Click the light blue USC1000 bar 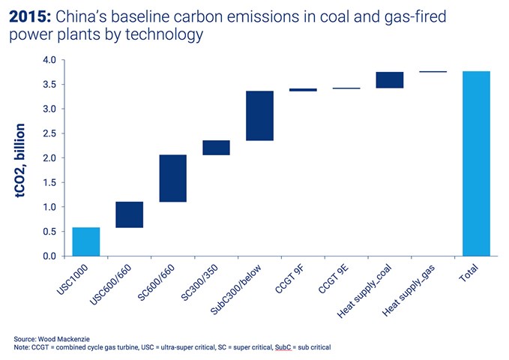click(x=86, y=241)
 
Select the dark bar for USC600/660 click(x=129, y=214)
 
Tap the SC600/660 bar click(x=172, y=178)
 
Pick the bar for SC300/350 click(x=216, y=147)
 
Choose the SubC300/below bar click(x=259, y=115)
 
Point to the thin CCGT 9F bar click(x=302, y=89)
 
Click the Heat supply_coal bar click(x=390, y=80)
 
